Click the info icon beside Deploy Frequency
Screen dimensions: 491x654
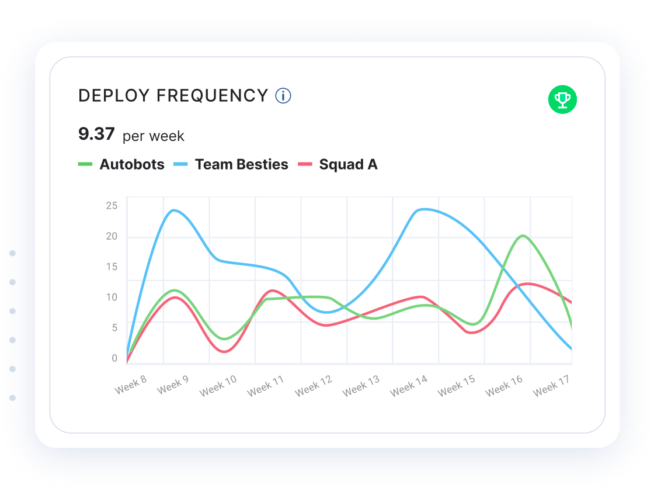point(283,96)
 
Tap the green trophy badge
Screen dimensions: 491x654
point(562,99)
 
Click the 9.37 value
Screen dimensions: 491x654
point(96,134)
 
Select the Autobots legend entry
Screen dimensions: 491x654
point(121,165)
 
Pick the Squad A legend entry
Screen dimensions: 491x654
point(338,165)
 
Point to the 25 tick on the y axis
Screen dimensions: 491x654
point(112,205)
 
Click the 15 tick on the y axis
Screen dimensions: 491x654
point(112,267)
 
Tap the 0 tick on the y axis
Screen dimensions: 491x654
point(114,358)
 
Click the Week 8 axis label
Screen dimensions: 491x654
point(131,385)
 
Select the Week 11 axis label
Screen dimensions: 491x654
point(265,386)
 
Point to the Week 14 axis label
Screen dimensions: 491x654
point(409,386)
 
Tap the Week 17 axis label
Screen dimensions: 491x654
point(552,386)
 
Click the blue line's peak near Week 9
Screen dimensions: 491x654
point(173,210)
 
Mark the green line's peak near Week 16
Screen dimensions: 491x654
point(523,236)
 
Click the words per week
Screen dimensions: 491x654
point(154,137)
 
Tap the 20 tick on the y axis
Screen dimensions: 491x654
point(112,236)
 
